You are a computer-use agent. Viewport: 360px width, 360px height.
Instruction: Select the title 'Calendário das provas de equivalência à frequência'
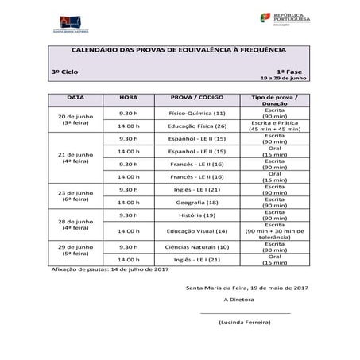tap(179, 50)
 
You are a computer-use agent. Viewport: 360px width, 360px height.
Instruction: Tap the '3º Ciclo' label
tap(64, 72)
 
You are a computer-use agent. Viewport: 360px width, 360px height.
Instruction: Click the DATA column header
tap(75, 99)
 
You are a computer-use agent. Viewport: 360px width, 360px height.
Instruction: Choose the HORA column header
tap(128, 99)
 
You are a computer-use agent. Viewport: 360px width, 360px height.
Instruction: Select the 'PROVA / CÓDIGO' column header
tap(193, 99)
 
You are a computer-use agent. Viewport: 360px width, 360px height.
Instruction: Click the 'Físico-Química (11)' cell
tap(193, 113)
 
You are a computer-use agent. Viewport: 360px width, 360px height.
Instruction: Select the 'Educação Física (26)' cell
tap(193, 126)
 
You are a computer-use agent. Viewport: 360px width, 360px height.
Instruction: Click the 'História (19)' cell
tap(193, 215)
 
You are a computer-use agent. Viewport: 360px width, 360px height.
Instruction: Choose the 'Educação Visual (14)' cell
tap(193, 230)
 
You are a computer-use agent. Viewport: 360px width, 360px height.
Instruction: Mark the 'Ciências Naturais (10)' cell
tap(193, 246)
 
